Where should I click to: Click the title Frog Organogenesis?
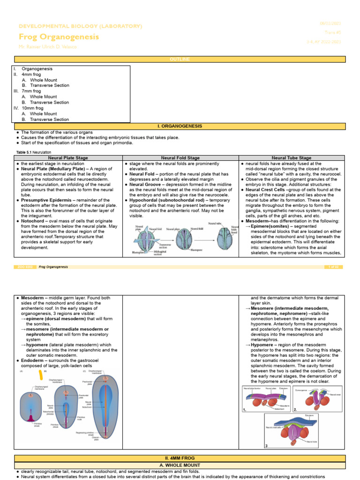(x=59, y=37)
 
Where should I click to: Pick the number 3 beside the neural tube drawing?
(x=267, y=446)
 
